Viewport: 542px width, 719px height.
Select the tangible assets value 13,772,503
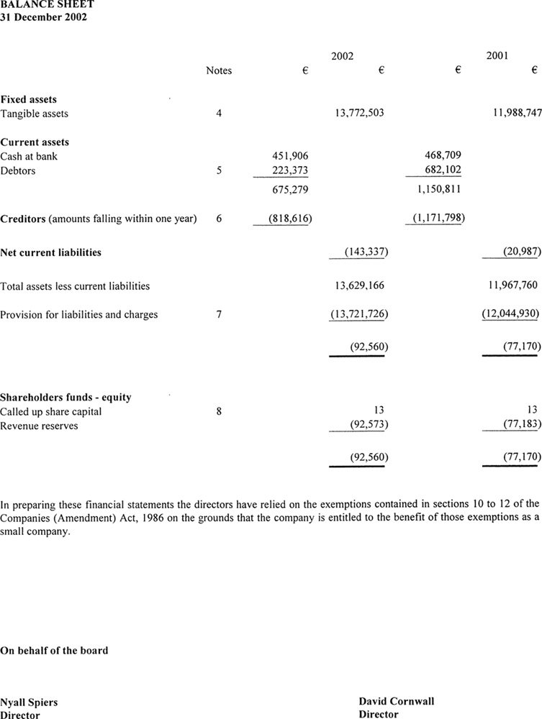click(359, 114)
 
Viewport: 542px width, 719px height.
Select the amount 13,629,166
click(359, 285)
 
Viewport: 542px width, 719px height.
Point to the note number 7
click(219, 314)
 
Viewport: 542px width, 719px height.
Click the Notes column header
click(219, 70)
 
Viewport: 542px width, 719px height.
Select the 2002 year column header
click(342, 56)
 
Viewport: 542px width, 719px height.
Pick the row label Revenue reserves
click(39, 426)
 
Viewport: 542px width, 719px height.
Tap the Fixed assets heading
click(28, 99)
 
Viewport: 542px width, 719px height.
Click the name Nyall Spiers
click(29, 702)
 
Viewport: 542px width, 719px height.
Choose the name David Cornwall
click(396, 701)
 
